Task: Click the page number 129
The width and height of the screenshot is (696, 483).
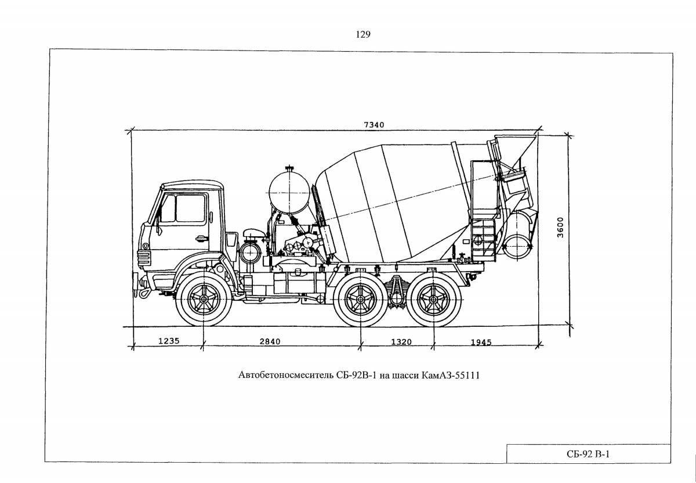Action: tap(363, 34)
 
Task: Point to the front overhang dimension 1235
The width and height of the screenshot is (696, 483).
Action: tap(169, 341)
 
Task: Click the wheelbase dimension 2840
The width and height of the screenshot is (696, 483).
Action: tap(270, 341)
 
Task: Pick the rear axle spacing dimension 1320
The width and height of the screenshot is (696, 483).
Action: tap(401, 342)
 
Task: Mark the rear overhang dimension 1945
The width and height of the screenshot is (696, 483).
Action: tap(481, 342)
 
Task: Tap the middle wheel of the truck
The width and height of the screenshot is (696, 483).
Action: tap(361, 300)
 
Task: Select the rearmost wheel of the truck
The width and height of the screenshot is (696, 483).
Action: tap(432, 300)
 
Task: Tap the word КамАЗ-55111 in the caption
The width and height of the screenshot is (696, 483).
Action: tap(458, 376)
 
